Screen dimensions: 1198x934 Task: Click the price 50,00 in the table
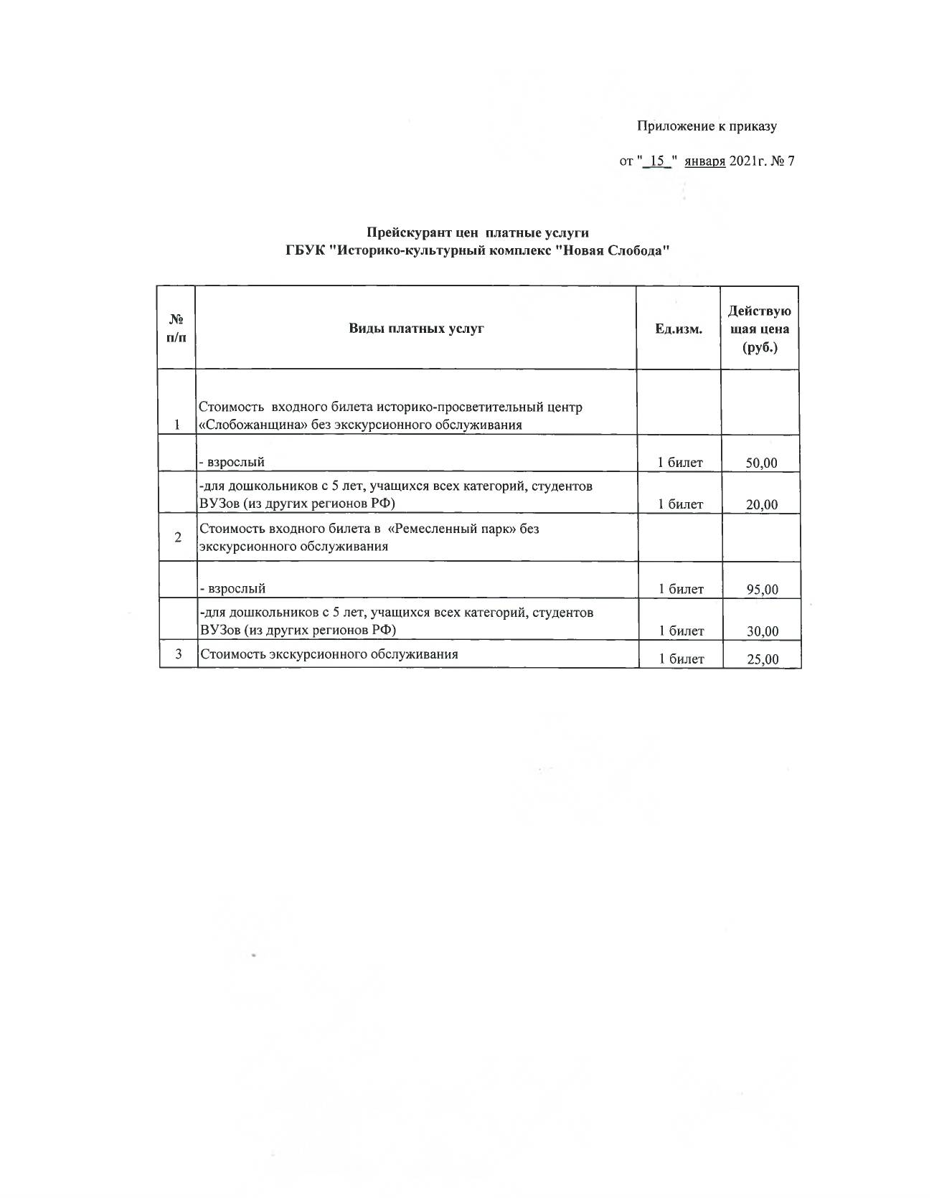(761, 463)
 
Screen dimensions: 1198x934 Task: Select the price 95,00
(762, 590)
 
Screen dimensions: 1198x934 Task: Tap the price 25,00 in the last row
(763, 659)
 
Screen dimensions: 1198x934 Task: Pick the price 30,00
(762, 631)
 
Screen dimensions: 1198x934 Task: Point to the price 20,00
(761, 504)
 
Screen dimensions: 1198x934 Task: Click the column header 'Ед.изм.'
(678, 329)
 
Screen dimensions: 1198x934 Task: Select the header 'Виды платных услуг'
(416, 328)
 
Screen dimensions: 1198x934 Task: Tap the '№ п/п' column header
(176, 328)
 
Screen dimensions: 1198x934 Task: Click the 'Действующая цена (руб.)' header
(760, 329)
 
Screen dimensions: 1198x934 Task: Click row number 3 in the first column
(178, 654)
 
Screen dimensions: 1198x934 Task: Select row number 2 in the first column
(178, 537)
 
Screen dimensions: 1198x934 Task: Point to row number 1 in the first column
(177, 424)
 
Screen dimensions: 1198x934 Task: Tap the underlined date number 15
(657, 161)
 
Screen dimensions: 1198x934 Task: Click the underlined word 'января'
(704, 161)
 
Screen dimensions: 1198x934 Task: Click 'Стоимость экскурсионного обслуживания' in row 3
(329, 654)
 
